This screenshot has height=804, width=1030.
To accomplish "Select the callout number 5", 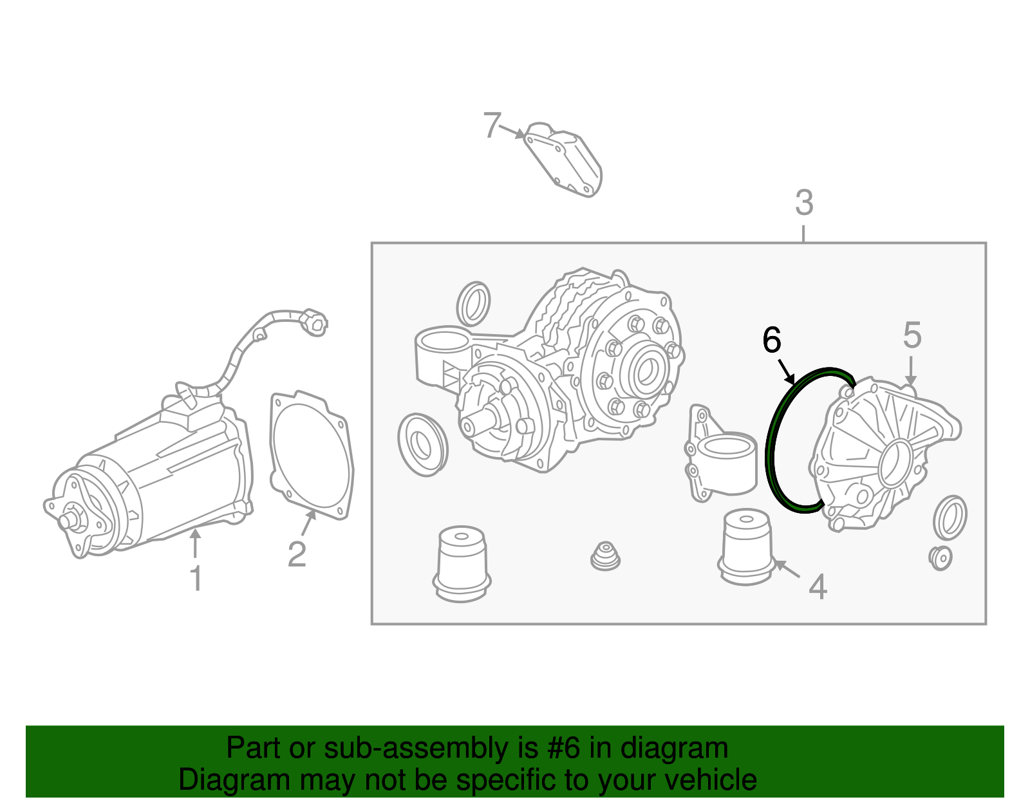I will pyautogui.click(x=912, y=335).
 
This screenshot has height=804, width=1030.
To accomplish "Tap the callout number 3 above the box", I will pyautogui.click(x=804, y=203).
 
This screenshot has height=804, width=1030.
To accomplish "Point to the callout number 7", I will pyautogui.click(x=492, y=125).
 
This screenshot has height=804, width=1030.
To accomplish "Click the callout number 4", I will pyautogui.click(x=818, y=586).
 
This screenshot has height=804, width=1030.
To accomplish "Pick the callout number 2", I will pyautogui.click(x=297, y=554).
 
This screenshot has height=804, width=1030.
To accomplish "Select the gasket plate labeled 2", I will pyautogui.click(x=312, y=454).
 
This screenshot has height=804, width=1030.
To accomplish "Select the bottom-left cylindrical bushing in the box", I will pyautogui.click(x=461, y=563).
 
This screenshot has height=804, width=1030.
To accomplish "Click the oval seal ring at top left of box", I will pyautogui.click(x=473, y=303).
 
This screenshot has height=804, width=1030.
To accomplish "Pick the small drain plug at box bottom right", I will pyautogui.click(x=941, y=557).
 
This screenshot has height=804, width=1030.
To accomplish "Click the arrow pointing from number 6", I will pyautogui.click(x=786, y=372).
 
